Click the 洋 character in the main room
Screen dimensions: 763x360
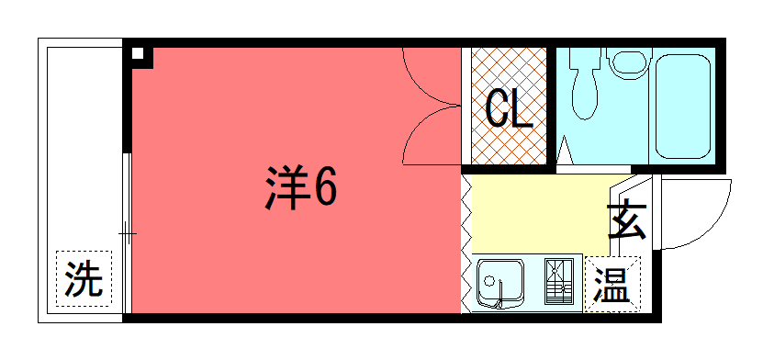[287, 187]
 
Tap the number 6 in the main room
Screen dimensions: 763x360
[324, 187]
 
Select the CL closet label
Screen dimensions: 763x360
[509, 109]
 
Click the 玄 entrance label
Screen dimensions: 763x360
[626, 220]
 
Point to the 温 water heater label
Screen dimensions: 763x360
[612, 285]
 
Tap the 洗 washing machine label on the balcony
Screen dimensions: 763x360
[84, 279]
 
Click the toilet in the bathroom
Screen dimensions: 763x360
[584, 84]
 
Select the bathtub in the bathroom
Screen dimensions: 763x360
[682, 107]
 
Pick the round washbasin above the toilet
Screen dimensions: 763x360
[630, 62]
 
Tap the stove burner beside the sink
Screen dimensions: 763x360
[558, 281]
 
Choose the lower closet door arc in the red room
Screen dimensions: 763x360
[424, 128]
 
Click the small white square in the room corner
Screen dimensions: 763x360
[139, 53]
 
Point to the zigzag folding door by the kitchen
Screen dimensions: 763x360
[466, 243]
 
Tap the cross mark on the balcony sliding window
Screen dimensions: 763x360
[128, 234]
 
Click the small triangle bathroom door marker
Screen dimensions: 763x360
[564, 151]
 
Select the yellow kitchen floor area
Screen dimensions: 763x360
[540, 214]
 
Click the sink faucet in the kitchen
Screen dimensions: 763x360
[499, 296]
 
